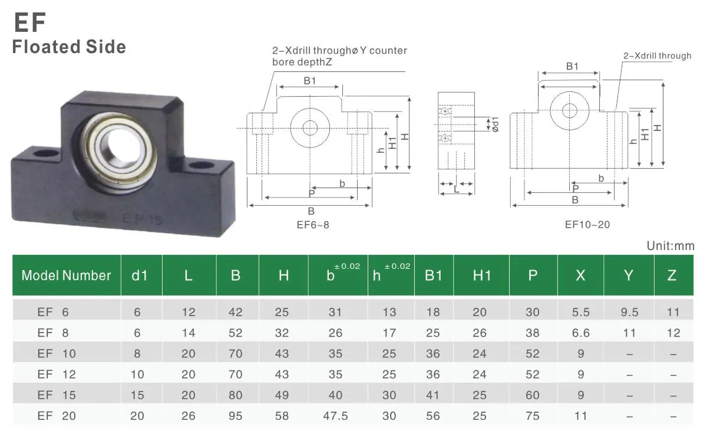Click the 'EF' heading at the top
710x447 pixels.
coord(29,22)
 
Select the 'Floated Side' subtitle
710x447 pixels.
coord(69,47)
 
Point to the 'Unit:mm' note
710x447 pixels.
coord(670,246)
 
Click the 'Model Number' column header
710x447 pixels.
coord(66,275)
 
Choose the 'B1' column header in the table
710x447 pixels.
coord(433,275)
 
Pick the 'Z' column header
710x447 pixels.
coord(672,275)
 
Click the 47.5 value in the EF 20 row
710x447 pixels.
coord(335,416)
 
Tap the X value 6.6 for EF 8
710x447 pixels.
coord(580,333)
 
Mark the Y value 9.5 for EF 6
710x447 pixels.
coord(629,313)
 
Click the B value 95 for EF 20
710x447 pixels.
coord(235,416)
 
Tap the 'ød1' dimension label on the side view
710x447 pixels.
coord(495,124)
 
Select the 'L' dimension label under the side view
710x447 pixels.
coord(457,189)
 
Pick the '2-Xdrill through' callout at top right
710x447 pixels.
coord(657,56)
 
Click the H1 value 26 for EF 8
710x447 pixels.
coord(480,333)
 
